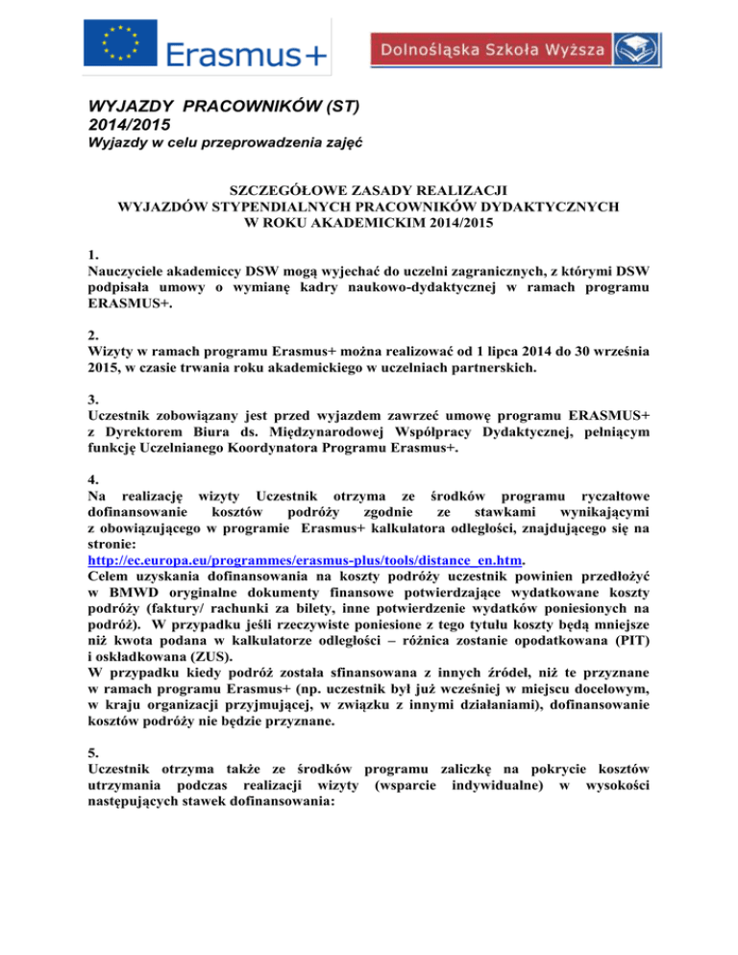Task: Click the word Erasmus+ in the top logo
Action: coord(248,56)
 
